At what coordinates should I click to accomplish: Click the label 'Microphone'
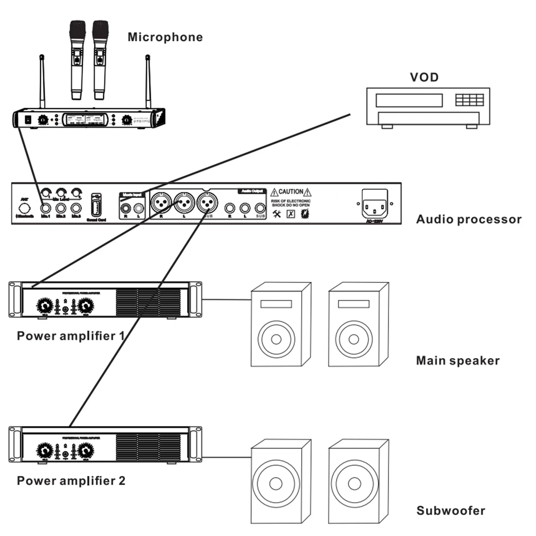click(x=165, y=37)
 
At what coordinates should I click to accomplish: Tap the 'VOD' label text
click(x=424, y=77)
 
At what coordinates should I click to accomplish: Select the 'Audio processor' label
click(x=468, y=219)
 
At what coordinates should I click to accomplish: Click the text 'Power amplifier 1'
click(x=71, y=336)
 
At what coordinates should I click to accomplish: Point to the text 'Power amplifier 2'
click(x=71, y=480)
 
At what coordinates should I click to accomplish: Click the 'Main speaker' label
click(x=457, y=361)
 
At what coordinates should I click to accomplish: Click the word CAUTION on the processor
click(x=291, y=191)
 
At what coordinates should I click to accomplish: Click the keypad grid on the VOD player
click(x=469, y=100)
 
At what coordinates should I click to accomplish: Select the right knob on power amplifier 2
click(x=85, y=451)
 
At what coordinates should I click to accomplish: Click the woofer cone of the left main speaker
click(x=276, y=340)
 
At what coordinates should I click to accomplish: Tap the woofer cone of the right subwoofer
click(x=352, y=483)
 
